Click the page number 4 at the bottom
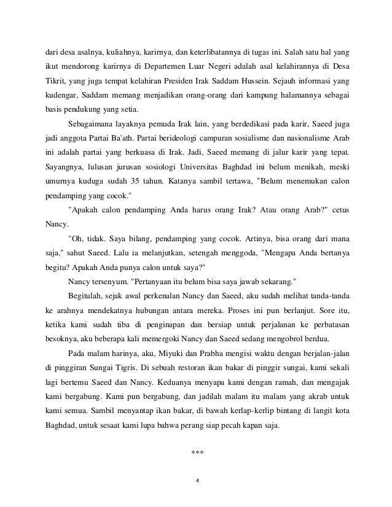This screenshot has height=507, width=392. click(x=197, y=481)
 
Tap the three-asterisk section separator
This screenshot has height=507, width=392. click(x=197, y=454)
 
